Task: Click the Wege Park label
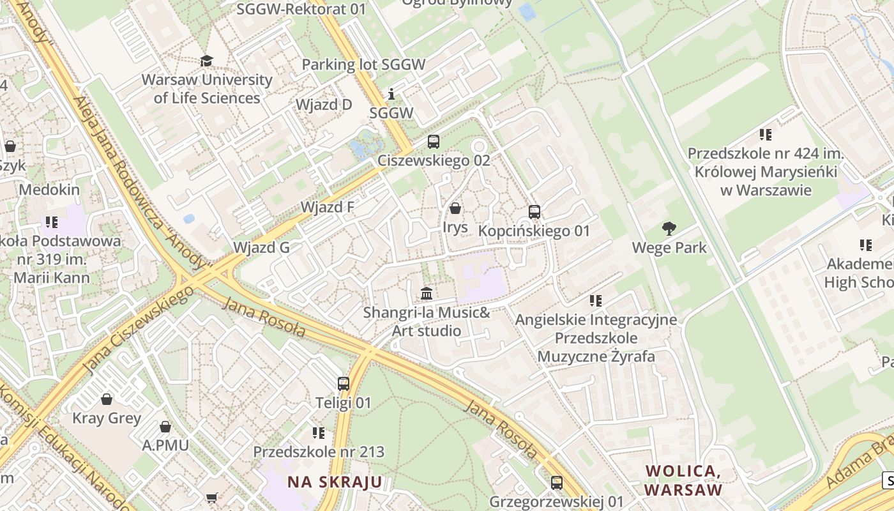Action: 669,247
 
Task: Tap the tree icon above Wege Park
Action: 669,228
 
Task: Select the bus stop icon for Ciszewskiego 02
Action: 434,141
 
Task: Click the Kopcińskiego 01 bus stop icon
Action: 534,211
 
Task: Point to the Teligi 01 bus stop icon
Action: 344,383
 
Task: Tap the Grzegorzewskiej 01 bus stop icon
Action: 557,482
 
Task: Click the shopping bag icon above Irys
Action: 455,208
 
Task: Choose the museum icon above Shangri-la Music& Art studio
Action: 427,293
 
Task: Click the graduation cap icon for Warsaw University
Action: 206,61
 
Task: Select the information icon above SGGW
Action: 391,94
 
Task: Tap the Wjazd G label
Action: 261,247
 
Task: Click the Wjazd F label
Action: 327,207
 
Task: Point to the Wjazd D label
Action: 324,104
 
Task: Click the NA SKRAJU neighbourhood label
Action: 335,482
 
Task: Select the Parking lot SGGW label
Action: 363,65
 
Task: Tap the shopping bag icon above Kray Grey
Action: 107,399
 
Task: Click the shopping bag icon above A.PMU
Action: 165,426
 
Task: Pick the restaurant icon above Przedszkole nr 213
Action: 319,432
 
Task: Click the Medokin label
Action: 49,190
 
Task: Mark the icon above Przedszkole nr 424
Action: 766,134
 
